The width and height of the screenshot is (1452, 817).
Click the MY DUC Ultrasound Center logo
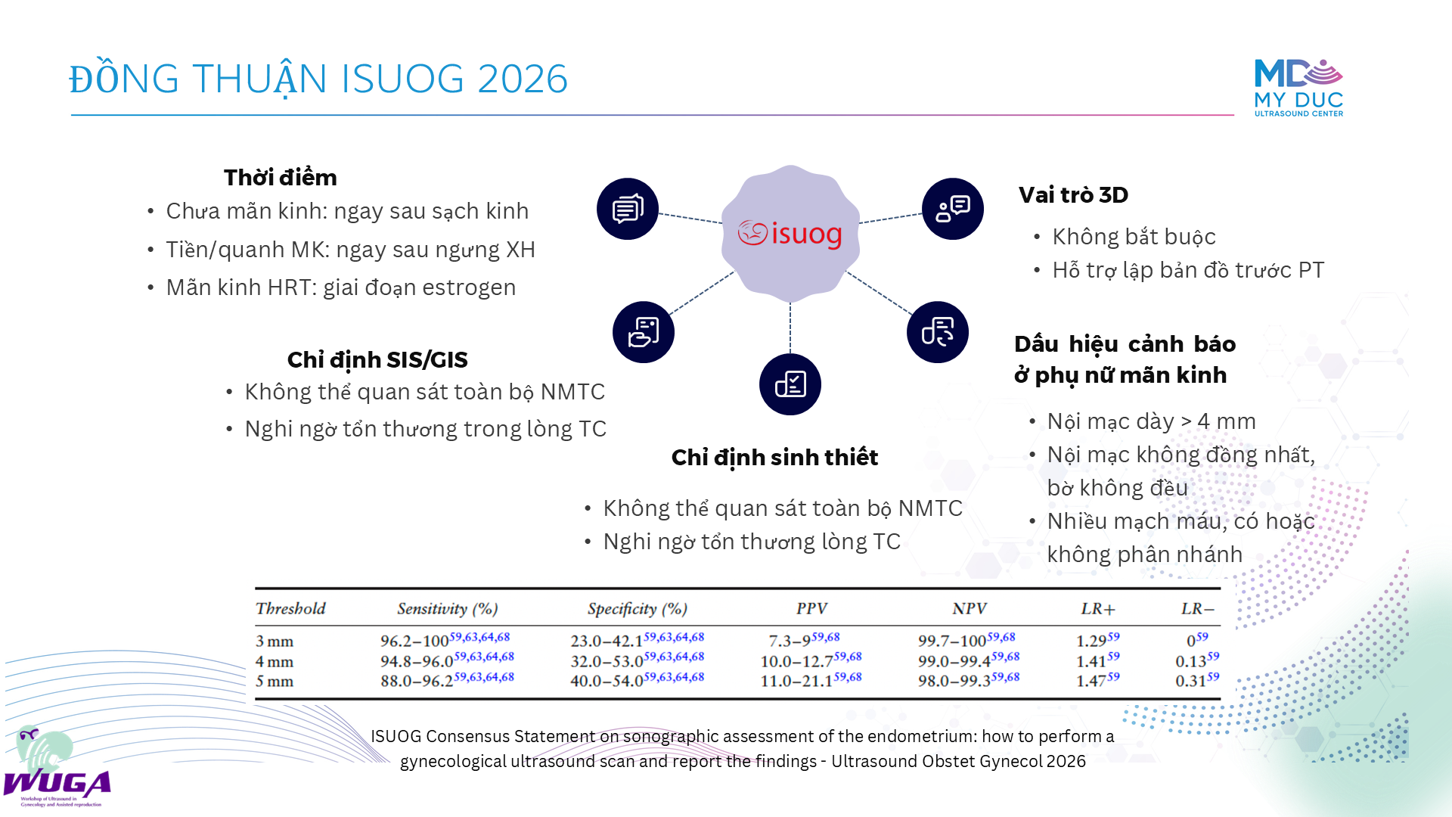(x=1298, y=88)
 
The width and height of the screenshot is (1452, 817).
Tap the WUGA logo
(x=57, y=767)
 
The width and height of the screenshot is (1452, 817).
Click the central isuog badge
(x=790, y=234)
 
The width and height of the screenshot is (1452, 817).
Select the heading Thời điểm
(x=281, y=178)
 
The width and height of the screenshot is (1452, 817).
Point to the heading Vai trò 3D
(x=1073, y=195)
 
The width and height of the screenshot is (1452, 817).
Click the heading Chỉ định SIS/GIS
(x=377, y=360)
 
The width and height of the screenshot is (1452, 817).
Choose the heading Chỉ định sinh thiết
(x=774, y=458)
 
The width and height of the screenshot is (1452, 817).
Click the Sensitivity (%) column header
(x=448, y=609)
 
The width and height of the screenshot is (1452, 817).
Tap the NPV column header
(x=970, y=609)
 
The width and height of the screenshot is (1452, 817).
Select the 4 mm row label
(x=275, y=661)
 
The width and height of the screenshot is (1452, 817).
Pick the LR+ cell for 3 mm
(x=1097, y=640)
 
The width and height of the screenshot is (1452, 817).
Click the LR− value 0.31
(x=1197, y=680)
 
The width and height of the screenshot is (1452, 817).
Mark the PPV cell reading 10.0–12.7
(x=811, y=660)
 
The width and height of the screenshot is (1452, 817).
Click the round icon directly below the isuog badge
(x=790, y=384)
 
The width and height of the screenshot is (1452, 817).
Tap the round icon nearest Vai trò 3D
(x=953, y=209)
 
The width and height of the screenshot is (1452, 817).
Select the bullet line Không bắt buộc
(x=1134, y=237)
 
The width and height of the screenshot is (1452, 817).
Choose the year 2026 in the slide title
(x=523, y=79)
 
